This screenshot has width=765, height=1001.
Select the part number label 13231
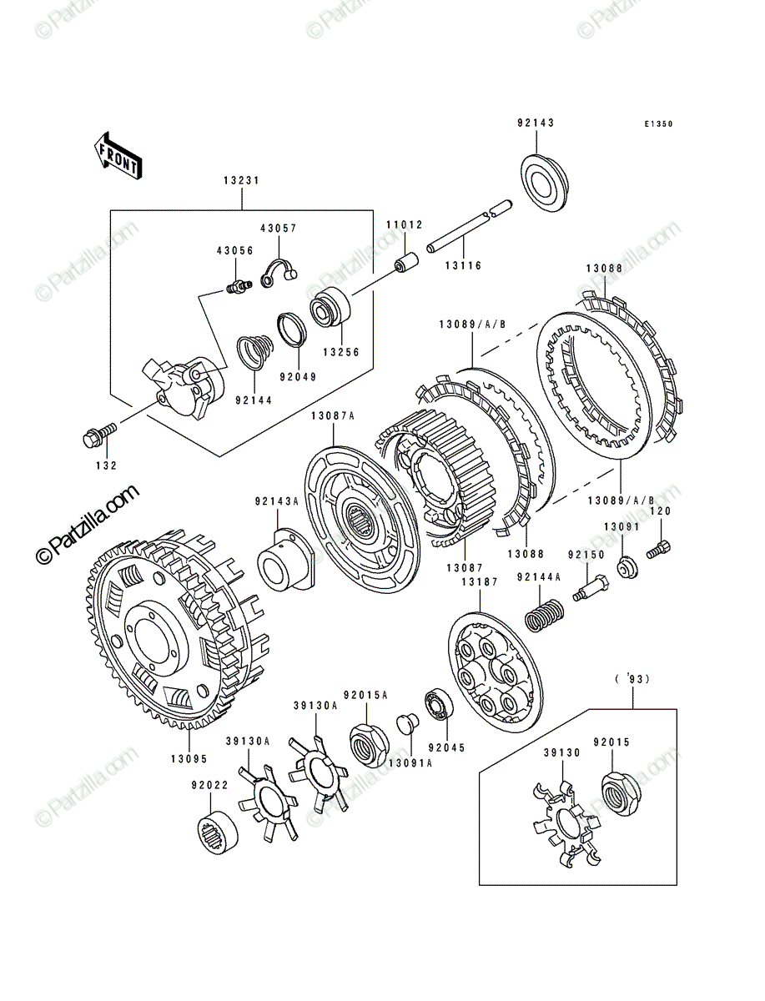(242, 180)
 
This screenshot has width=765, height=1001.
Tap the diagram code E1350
(658, 123)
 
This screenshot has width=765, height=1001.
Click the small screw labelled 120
(658, 549)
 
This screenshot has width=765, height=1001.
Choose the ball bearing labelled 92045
(439, 712)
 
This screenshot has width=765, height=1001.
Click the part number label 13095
(189, 759)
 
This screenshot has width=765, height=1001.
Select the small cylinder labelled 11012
(405, 264)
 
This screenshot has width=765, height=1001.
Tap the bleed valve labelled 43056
(239, 287)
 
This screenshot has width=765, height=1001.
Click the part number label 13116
(463, 265)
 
